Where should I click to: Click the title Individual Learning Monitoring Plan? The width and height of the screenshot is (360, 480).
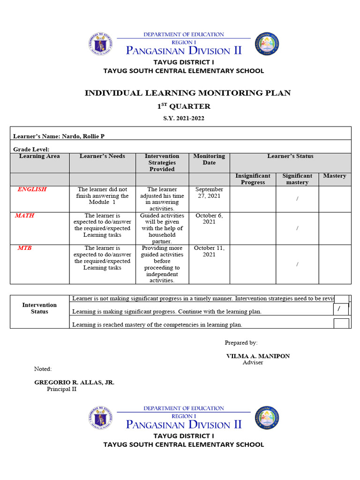tap(187, 93)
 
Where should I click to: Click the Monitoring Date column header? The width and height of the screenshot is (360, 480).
tap(209, 159)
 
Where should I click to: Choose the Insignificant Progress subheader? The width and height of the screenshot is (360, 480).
tap(253, 179)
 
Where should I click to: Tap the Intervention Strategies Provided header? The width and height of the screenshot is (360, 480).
tap(162, 162)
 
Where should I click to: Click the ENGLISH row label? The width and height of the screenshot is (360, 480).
tap(32, 189)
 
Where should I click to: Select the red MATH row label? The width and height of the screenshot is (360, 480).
tap(24, 216)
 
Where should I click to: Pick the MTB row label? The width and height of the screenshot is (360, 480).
tap(24, 248)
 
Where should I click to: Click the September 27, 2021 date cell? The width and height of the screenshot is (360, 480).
tap(209, 193)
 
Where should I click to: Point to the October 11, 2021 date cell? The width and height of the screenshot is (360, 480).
tap(209, 251)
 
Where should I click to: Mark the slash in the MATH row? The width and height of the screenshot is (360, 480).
tap(297, 228)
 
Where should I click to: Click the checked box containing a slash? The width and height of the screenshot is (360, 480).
tap(341, 309)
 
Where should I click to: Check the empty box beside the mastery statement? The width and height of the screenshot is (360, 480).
tap(341, 324)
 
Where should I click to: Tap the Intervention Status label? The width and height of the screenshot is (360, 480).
tap(39, 308)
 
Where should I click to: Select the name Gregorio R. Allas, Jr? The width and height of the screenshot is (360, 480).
tap(74, 382)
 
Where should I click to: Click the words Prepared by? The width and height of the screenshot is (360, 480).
tap(241, 343)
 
